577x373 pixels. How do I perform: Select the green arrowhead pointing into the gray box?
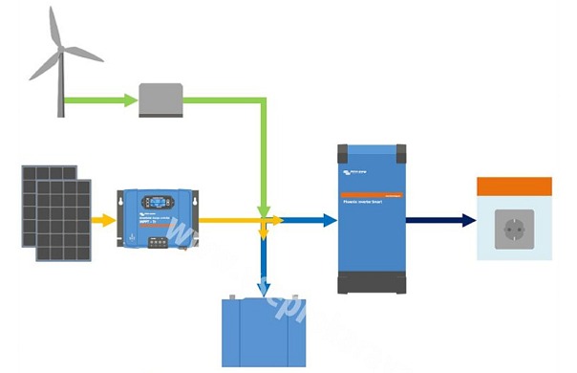coord(132,99)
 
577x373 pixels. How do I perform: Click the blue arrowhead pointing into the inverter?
coord(329,220)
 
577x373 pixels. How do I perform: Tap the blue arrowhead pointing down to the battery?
coord(263,286)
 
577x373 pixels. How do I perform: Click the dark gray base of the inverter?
coord(373,284)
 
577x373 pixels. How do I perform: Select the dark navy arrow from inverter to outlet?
coord(439,220)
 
